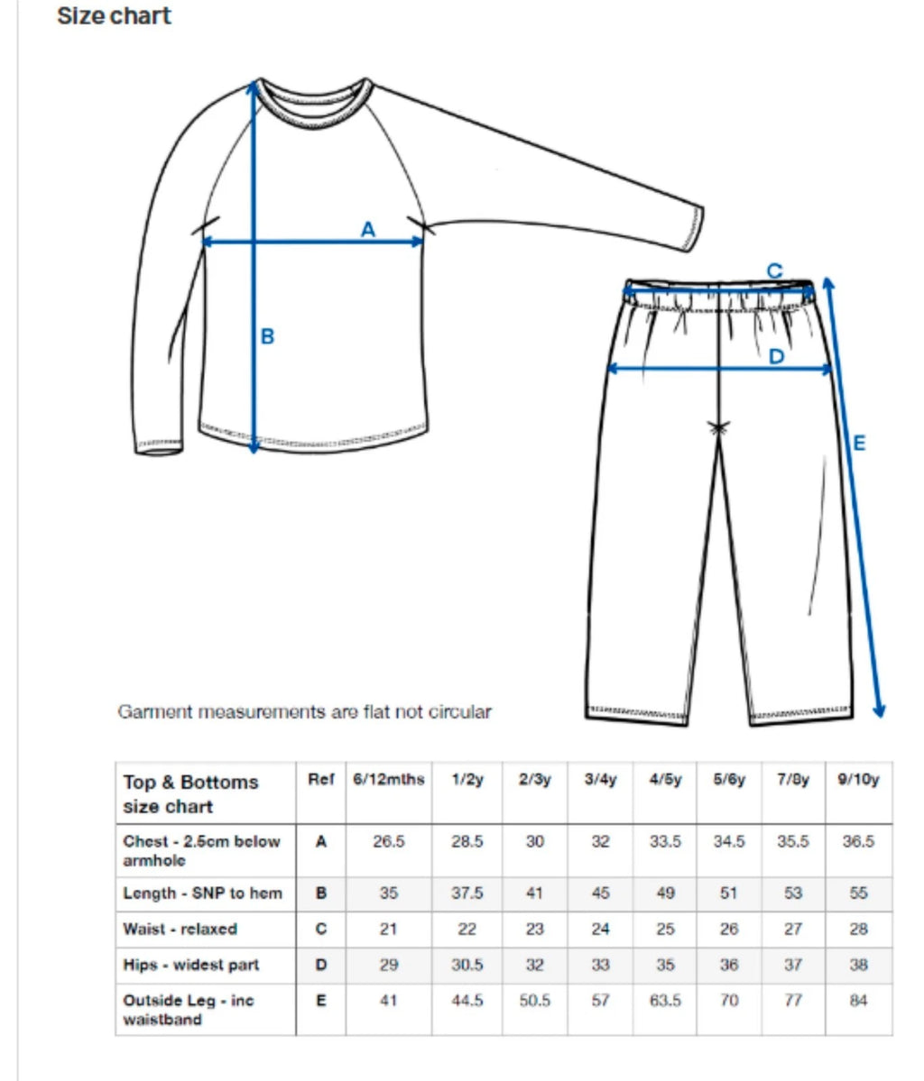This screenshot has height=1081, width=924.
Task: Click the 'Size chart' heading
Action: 114,16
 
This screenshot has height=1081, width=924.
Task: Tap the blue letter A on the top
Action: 368,230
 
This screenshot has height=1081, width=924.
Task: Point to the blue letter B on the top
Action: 267,337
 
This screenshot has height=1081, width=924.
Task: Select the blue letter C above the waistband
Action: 774,270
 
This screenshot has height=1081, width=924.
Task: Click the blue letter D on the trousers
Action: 776,357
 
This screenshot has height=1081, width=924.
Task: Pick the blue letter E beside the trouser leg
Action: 859,443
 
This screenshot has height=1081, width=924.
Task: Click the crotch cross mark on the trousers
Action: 718,429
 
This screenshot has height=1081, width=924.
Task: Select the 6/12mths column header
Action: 388,780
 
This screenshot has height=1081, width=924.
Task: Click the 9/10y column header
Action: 858,780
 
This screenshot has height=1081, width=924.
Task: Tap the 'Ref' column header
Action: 320,780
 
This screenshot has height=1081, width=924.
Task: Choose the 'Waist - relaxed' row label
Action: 180,929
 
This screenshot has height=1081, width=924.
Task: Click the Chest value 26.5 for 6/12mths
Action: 388,841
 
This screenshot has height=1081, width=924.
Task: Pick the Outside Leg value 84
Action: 858,1001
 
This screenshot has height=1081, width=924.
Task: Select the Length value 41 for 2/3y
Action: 534,893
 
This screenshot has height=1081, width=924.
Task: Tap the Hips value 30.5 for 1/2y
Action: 467,965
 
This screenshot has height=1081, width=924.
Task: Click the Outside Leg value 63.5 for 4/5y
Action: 665,1001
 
